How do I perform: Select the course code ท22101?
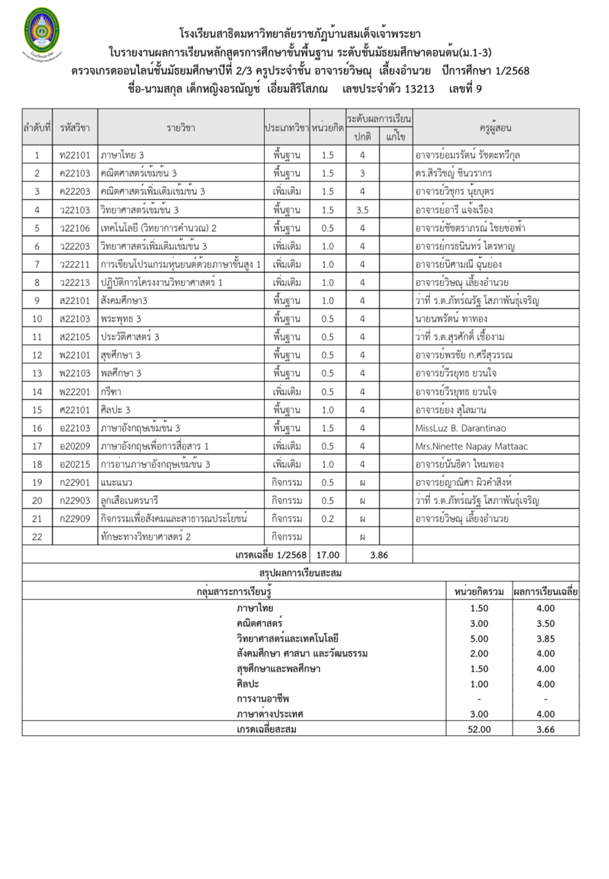pyautogui.click(x=75, y=155)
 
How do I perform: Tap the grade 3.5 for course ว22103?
pyautogui.click(x=362, y=210)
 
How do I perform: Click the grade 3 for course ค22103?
pyautogui.click(x=362, y=173)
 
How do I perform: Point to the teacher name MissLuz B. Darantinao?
pyautogui.click(x=460, y=428)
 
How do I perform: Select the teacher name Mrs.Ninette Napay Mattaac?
pyautogui.click(x=471, y=446)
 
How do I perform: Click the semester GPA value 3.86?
pyautogui.click(x=379, y=555)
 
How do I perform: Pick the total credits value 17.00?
pyautogui.click(x=328, y=555)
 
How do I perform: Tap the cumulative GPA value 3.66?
pyautogui.click(x=546, y=729)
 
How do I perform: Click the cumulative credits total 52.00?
pyautogui.click(x=479, y=729)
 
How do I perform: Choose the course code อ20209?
pyautogui.click(x=75, y=446)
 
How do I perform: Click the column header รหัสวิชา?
pyautogui.click(x=75, y=128)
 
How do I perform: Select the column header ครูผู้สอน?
pyautogui.click(x=495, y=128)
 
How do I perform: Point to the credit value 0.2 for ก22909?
pyautogui.click(x=328, y=519)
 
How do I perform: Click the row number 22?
pyautogui.click(x=37, y=537)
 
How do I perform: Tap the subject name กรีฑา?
pyautogui.click(x=111, y=392)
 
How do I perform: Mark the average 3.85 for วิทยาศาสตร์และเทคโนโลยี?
pyautogui.click(x=546, y=639)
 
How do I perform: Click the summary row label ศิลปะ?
pyautogui.click(x=248, y=684)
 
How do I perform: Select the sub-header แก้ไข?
pyautogui.click(x=396, y=136)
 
